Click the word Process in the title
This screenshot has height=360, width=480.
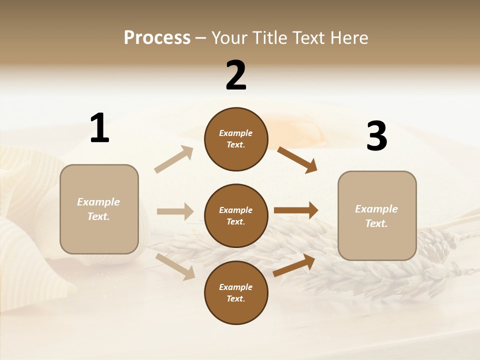[x=157, y=38]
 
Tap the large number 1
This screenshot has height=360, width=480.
[x=99, y=128]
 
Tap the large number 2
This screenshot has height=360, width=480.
[x=236, y=75]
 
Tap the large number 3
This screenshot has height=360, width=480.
[x=376, y=136]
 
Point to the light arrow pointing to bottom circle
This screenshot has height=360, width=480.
[x=175, y=266]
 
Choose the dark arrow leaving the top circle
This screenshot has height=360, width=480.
[x=297, y=159]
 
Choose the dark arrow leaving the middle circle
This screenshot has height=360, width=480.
[x=296, y=210]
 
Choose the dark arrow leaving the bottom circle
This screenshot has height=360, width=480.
[x=294, y=265]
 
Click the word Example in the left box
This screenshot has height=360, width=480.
[x=98, y=202]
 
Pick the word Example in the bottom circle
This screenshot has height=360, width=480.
[x=236, y=287]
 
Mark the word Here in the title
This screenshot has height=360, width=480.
[x=350, y=38]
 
